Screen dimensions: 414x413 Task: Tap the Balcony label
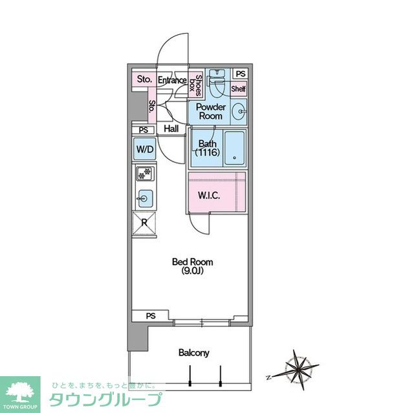(194, 353)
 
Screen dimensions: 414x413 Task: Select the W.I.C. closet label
(209, 195)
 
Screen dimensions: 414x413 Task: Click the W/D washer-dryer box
(145, 149)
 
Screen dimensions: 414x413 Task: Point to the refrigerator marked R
(144, 223)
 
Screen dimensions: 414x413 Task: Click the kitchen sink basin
(145, 198)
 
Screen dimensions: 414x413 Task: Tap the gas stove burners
(145, 173)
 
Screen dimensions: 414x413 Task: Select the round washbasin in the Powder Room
(239, 112)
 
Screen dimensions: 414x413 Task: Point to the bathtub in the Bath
(235, 148)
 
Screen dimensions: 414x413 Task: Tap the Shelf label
(239, 89)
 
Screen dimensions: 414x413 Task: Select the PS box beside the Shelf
(240, 74)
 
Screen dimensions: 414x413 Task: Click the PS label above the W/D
(144, 131)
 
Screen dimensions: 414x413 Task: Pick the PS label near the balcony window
(151, 315)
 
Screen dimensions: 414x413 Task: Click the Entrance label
(172, 80)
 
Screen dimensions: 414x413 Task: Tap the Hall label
(171, 129)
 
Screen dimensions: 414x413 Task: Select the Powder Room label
(211, 112)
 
